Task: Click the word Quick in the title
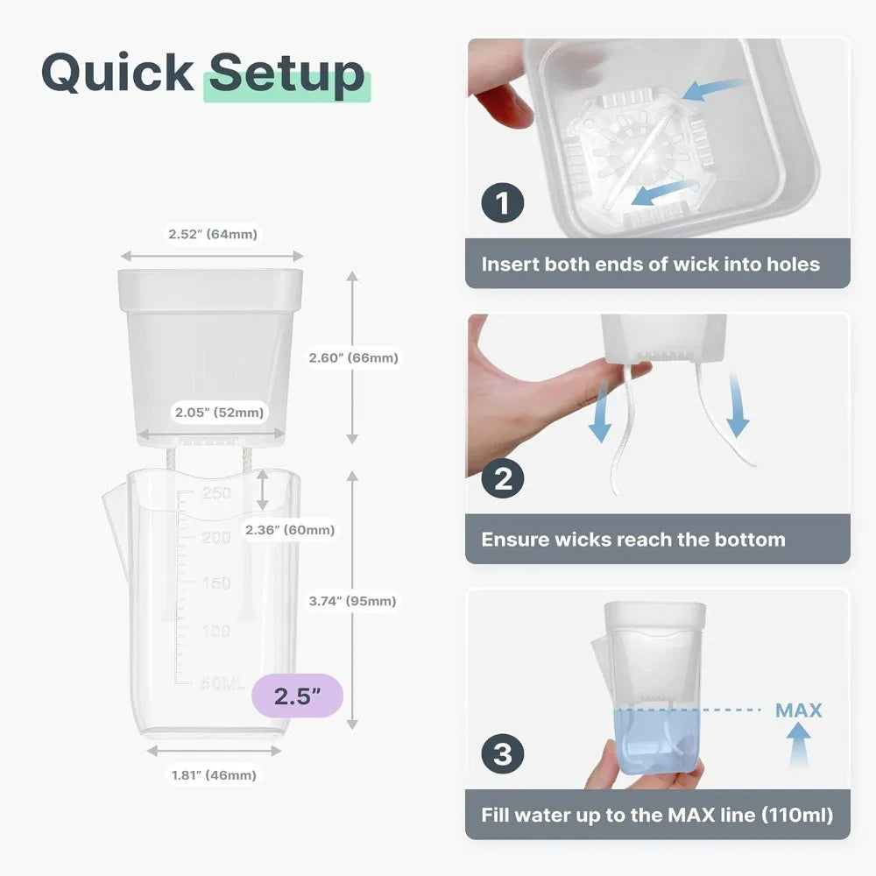(x=117, y=74)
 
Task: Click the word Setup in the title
(x=286, y=74)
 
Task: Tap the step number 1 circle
(x=502, y=203)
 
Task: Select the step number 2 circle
(x=502, y=478)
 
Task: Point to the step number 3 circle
(x=502, y=753)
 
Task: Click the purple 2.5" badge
(x=297, y=696)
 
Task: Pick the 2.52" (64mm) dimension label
(x=213, y=234)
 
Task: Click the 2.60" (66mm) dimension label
(x=354, y=358)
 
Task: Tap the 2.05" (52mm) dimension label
(x=220, y=413)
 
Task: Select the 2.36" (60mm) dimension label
(x=290, y=530)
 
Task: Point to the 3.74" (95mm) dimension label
(x=352, y=601)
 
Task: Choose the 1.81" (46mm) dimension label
(x=214, y=775)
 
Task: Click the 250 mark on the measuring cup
(x=216, y=492)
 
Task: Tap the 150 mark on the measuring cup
(x=216, y=583)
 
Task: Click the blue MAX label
(x=799, y=710)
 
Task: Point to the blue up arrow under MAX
(x=799, y=744)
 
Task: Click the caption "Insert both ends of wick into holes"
(x=650, y=265)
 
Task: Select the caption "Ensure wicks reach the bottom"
(x=633, y=540)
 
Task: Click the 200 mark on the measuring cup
(x=216, y=538)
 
